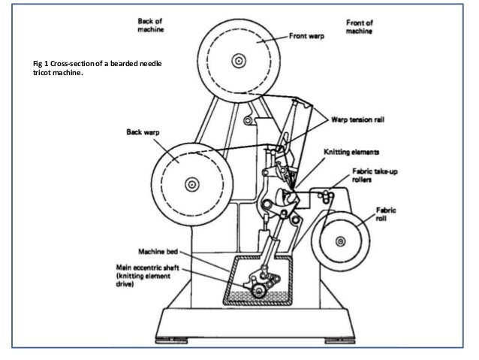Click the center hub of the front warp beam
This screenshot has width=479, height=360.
[239, 59]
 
